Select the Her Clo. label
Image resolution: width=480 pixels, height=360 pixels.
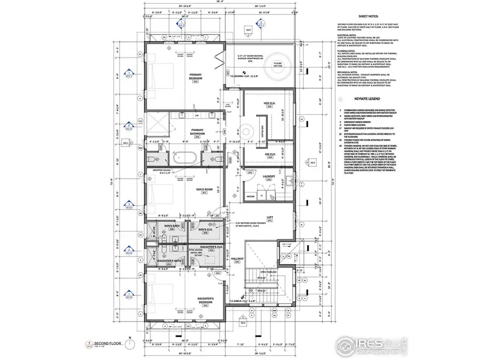click(269, 105)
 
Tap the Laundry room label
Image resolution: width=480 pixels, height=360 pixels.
click(269, 178)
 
